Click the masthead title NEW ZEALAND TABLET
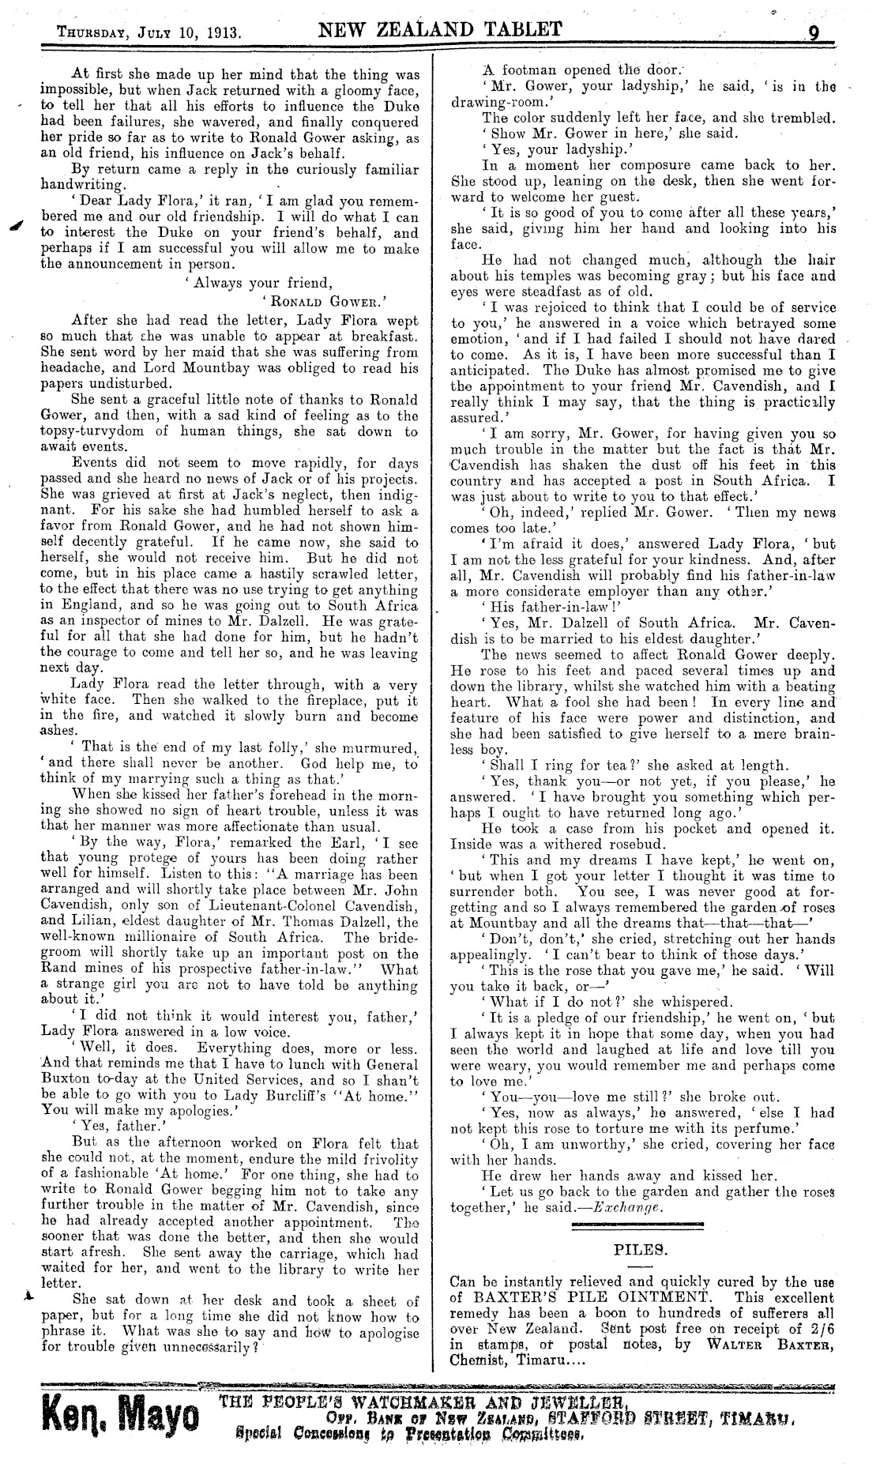pyautogui.click(x=441, y=30)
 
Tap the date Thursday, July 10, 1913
pyautogui.click(x=149, y=35)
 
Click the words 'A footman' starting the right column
pyautogui.click(x=521, y=67)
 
